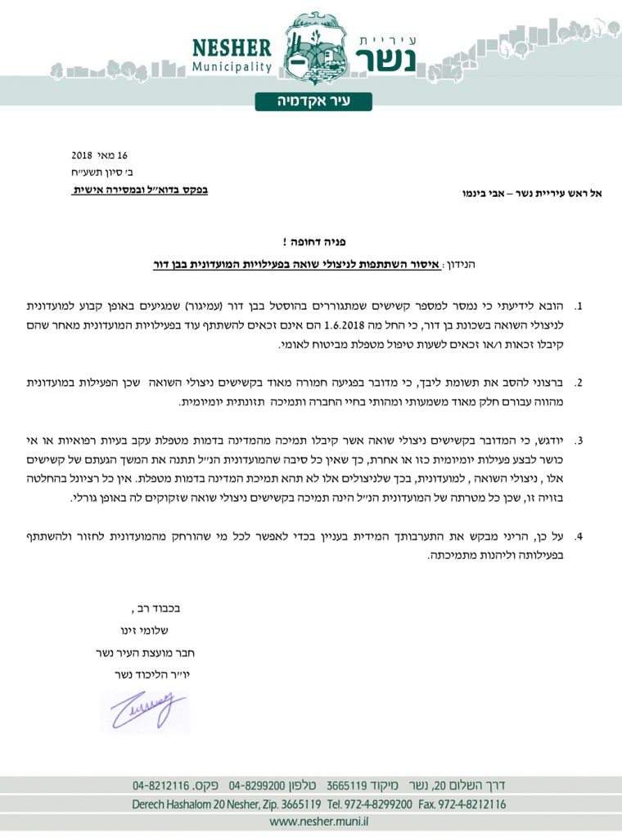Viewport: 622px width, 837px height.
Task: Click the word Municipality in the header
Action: pos(232,66)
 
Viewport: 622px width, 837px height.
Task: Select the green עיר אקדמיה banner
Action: pos(313,101)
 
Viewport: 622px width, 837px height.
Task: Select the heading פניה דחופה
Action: pos(310,242)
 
